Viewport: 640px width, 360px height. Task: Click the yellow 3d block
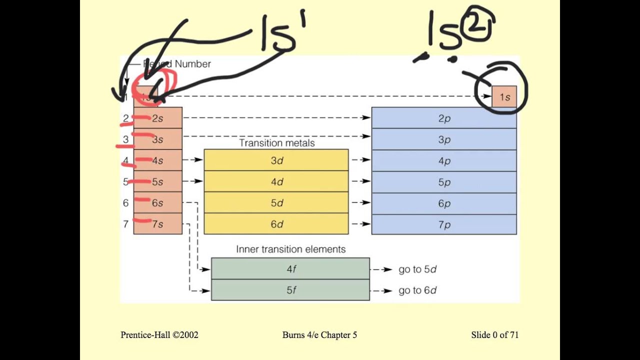276,160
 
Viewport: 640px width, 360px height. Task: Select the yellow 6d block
276,224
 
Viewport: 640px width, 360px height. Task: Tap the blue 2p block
444,118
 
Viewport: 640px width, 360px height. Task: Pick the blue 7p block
444,224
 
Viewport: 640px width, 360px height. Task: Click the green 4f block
290,268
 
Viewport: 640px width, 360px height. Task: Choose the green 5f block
290,290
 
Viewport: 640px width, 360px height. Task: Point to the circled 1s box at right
504,96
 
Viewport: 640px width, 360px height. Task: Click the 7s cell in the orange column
158,224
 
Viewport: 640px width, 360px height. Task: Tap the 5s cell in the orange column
158,181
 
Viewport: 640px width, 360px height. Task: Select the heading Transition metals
276,143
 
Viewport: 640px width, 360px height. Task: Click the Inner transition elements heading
290,249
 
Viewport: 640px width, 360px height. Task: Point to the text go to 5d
417,269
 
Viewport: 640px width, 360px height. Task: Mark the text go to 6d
417,290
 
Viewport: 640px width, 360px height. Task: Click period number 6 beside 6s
125,203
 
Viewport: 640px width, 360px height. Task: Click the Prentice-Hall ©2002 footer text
159,335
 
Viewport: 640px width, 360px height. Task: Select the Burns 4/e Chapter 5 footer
319,335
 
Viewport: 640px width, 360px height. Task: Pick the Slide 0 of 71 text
494,335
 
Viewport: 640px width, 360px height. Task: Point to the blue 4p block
444,160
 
